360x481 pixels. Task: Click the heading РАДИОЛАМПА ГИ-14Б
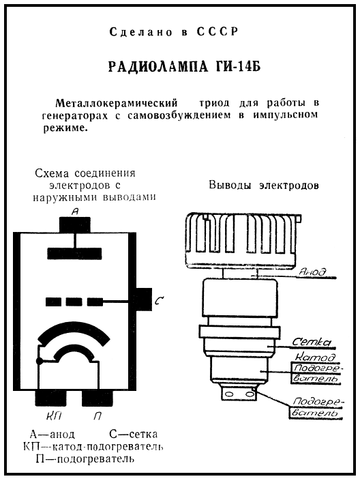(184, 67)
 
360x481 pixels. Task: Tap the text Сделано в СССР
(174, 31)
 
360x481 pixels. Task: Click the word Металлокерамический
(117, 103)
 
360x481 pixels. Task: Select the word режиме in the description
(63, 128)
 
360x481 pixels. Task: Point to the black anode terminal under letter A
(75, 225)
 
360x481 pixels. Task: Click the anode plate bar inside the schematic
(74, 253)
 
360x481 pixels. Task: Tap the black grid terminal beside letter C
(144, 299)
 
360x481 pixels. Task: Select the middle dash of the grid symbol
(74, 302)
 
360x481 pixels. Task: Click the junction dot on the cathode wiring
(40, 362)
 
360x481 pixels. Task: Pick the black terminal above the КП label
(50, 398)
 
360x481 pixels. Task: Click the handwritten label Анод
(313, 272)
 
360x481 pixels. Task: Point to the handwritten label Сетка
(311, 342)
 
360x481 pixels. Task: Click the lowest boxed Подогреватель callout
(316, 407)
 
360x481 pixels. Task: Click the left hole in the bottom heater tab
(229, 394)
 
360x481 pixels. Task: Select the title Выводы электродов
(264, 186)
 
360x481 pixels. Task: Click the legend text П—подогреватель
(85, 459)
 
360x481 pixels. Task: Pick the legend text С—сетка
(134, 434)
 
